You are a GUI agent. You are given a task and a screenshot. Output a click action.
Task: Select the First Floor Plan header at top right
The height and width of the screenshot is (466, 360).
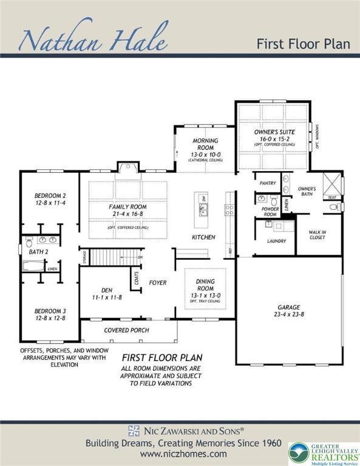point(303,44)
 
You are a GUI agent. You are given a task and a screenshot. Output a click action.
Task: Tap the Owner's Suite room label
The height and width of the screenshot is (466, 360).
point(274,132)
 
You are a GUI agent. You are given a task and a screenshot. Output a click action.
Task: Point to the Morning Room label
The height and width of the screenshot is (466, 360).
point(205,144)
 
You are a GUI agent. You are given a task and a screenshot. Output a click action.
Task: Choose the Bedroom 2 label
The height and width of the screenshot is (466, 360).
point(50,196)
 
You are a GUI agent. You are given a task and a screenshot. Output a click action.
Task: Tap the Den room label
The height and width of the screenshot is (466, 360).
point(106,290)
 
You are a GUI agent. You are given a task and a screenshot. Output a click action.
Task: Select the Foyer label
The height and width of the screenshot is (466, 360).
point(158,283)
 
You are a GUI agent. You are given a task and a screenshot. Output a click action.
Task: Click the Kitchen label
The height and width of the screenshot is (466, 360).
point(203,237)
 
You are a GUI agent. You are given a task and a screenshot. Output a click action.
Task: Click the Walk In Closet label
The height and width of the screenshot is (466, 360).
point(316,234)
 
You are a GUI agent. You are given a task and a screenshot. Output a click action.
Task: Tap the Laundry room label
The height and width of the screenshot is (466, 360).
point(276,241)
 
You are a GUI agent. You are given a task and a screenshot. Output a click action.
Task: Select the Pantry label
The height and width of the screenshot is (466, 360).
point(268,183)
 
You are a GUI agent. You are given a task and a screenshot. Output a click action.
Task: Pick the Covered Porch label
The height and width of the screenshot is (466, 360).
point(126,331)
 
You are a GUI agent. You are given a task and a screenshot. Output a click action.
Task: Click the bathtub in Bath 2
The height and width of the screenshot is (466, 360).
point(33,266)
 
